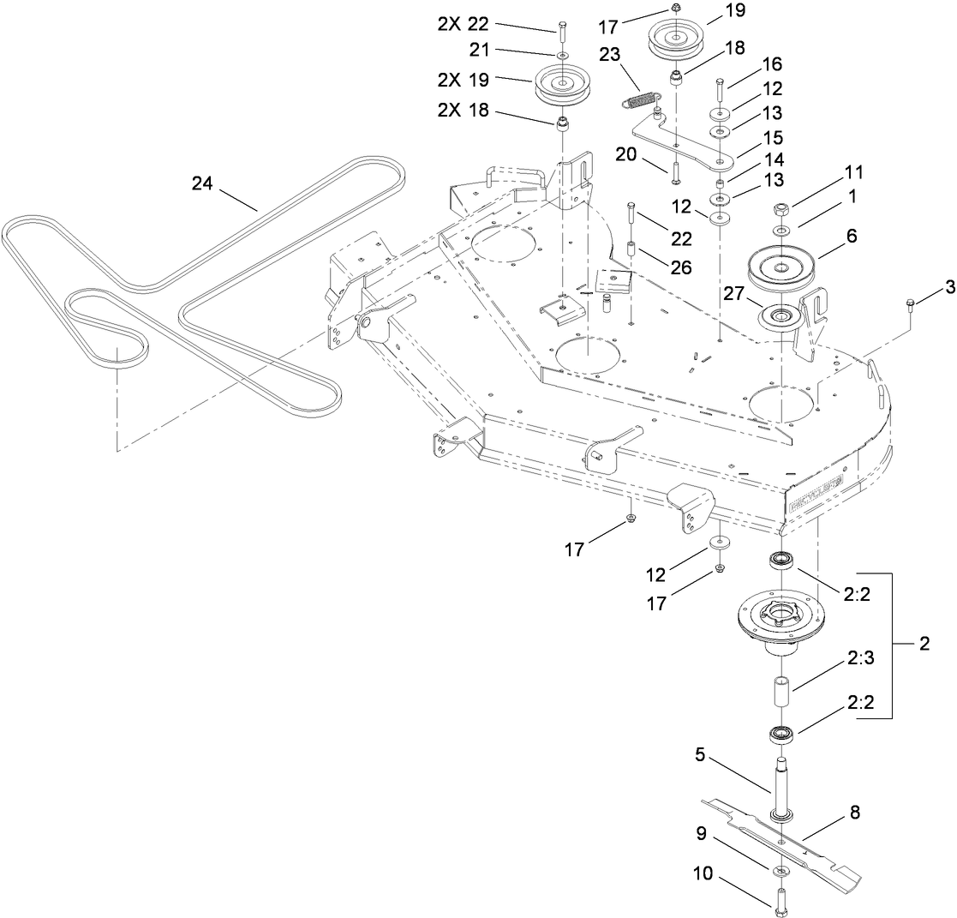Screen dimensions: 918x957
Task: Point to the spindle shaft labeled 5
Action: pos(782,789)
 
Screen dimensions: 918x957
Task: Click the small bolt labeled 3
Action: pos(911,303)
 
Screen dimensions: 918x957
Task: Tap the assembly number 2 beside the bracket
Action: pos(924,645)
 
